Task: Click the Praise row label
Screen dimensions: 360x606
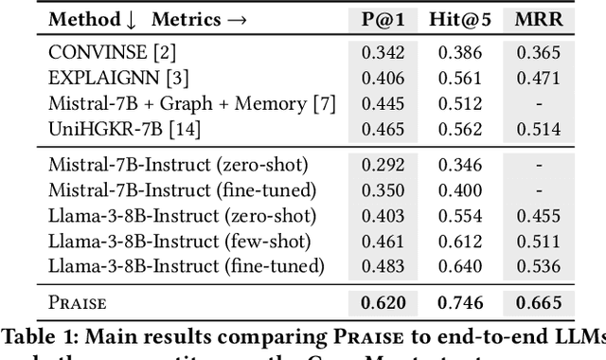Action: tap(80, 303)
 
